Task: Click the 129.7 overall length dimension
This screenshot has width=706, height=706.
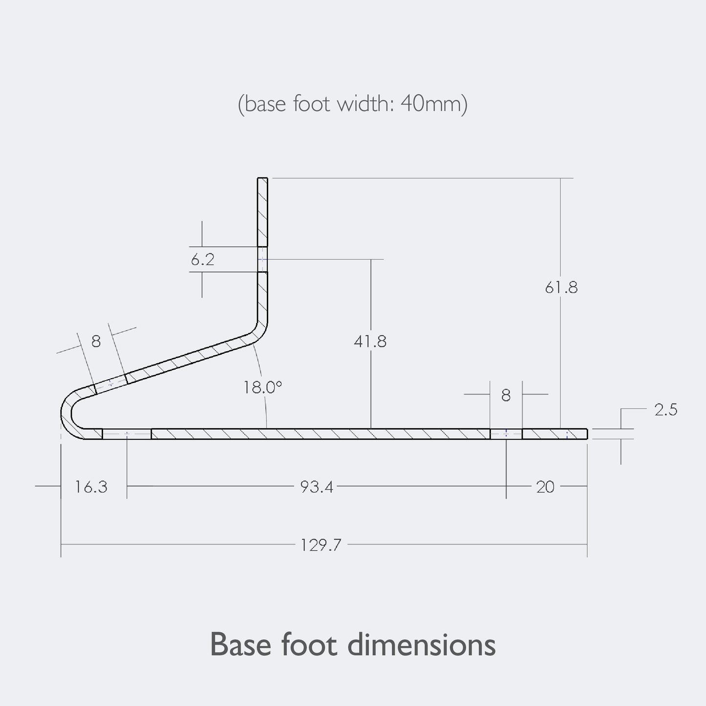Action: (x=320, y=545)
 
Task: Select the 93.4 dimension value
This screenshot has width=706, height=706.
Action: (x=317, y=487)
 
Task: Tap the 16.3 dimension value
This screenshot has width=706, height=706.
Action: (x=91, y=487)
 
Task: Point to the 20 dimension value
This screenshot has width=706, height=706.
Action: (x=545, y=487)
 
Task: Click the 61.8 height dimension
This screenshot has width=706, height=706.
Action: (x=561, y=288)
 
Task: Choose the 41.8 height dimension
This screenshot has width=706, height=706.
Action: (x=370, y=341)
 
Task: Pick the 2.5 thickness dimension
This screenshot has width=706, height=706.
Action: (x=666, y=409)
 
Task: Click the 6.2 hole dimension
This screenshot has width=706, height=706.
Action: (x=202, y=259)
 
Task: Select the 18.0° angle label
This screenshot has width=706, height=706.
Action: (x=263, y=387)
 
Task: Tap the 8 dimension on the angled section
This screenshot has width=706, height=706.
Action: (x=96, y=341)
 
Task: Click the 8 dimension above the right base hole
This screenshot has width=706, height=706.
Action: (x=506, y=395)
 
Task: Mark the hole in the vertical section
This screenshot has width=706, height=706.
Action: (x=263, y=259)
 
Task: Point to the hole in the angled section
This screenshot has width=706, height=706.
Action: (x=110, y=383)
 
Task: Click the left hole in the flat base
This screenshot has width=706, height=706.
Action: (x=127, y=434)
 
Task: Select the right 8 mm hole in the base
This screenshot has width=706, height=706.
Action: (x=506, y=434)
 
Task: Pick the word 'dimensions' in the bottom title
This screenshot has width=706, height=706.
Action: (x=421, y=644)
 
